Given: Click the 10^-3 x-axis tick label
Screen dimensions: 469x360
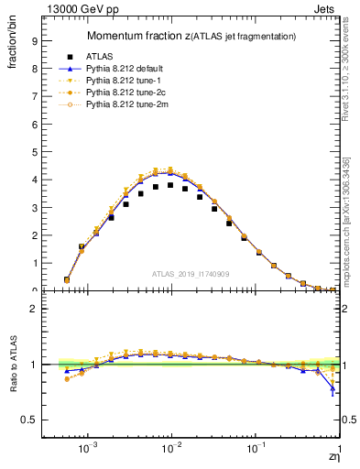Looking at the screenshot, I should [x=88, y=449].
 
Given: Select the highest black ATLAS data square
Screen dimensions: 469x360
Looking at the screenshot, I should [x=170, y=185].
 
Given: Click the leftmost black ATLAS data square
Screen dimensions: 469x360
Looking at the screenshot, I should [x=67, y=279].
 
